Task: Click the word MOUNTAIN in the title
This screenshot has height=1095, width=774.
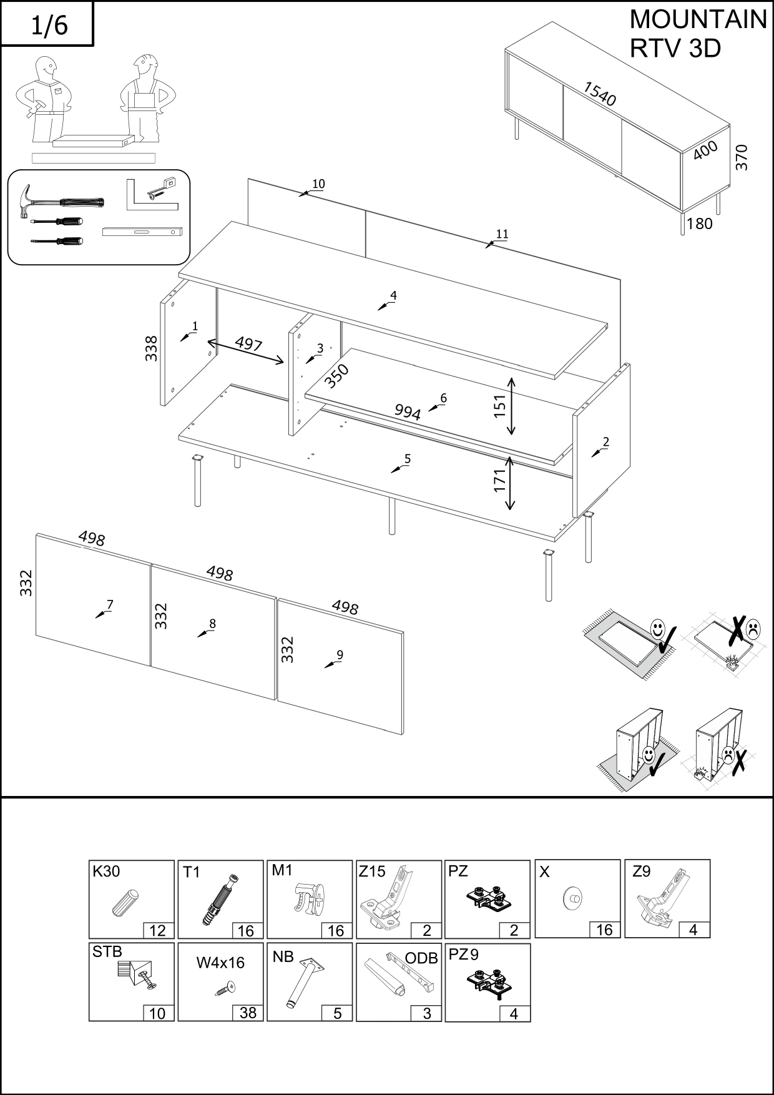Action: tap(698, 20)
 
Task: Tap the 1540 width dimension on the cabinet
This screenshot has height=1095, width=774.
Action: tap(599, 94)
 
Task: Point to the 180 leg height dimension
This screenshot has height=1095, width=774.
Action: tap(699, 223)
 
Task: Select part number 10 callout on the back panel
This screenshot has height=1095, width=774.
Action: tap(318, 184)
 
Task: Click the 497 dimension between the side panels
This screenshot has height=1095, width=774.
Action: tap(248, 345)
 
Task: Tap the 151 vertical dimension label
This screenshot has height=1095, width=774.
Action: tap(500, 406)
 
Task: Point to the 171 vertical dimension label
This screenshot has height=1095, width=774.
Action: tap(500, 481)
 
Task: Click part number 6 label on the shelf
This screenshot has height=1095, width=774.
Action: tap(443, 398)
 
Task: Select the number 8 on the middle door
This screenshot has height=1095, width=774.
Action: tap(212, 624)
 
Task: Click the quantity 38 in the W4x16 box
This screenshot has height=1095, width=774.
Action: tap(248, 1013)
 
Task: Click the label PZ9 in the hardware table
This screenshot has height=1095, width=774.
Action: tap(464, 955)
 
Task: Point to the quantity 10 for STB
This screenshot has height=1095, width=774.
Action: tap(158, 1013)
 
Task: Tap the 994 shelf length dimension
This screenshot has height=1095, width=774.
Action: tap(408, 412)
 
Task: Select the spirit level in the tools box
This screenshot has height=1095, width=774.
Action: tap(142, 232)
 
